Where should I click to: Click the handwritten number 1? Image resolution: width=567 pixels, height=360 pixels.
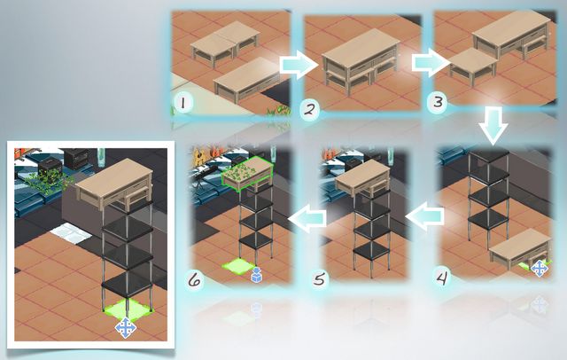point(183,103)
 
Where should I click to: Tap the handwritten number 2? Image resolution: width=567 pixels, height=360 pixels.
point(309,109)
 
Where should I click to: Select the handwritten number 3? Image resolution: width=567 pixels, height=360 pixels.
point(438,102)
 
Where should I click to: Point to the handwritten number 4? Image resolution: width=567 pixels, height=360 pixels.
point(442,278)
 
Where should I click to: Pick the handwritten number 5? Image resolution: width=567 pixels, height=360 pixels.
point(319,279)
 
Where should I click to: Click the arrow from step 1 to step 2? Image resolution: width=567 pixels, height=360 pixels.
point(298,65)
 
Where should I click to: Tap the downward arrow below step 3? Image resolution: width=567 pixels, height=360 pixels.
point(493,125)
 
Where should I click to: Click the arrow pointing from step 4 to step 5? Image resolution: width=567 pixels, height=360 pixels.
point(425,216)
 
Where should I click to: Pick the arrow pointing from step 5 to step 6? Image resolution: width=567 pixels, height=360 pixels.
point(307,218)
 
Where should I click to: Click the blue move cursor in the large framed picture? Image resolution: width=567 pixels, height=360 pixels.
point(126,328)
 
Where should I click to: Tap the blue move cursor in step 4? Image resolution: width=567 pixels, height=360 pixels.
point(540,269)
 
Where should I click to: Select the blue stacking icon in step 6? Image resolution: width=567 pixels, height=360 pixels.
point(256,275)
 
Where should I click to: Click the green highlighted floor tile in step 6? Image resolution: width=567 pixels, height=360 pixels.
point(238,266)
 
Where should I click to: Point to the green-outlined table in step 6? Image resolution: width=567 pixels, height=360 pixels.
point(247,174)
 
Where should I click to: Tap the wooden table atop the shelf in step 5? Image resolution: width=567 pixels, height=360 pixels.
point(362,179)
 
